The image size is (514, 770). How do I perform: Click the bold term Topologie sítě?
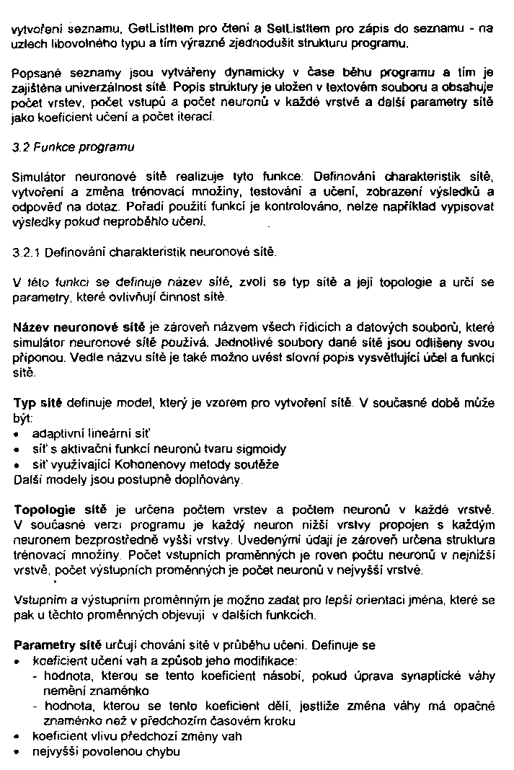pyautogui.click(x=58, y=510)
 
